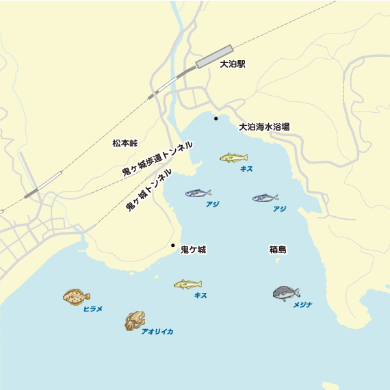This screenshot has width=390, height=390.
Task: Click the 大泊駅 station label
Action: [233, 64]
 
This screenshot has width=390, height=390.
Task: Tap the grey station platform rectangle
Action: [214, 56]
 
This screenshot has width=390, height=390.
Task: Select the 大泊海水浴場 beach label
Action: [264, 127]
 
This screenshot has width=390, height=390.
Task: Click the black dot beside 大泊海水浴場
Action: [216, 119]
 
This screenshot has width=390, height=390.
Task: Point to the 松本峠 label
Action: [125, 144]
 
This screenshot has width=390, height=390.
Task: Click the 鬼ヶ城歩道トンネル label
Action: [157, 159]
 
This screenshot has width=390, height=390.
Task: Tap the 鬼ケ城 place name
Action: [193, 250]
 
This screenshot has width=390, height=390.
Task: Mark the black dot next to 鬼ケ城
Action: [173, 245]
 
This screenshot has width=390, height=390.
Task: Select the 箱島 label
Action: [278, 250]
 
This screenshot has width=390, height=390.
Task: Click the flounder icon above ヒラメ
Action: [77, 296]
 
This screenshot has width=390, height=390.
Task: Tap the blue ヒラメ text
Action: [92, 309]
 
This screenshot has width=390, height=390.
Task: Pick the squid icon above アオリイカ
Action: [135, 320]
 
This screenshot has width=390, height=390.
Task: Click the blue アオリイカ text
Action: [157, 332]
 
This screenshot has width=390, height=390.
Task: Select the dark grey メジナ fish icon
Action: [285, 294]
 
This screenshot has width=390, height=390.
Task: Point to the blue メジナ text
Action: [302, 305]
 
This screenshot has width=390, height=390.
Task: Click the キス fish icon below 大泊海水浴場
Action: [233, 158]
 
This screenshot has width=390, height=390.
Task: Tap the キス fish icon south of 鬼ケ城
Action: [187, 284]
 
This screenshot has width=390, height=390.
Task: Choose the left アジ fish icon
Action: [198, 194]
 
